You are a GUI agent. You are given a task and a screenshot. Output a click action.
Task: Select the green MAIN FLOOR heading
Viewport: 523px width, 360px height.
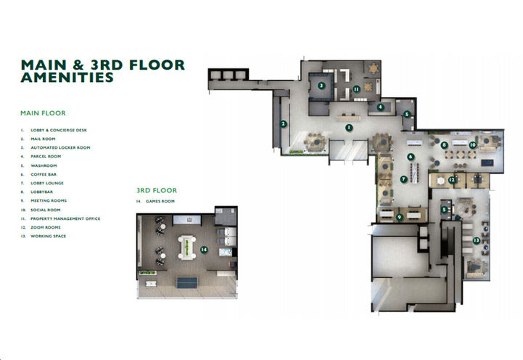tap(44, 113)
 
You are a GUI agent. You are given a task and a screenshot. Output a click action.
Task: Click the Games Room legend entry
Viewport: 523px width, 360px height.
tap(160, 201)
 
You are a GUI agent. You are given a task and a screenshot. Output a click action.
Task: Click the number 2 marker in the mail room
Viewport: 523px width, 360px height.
tap(283, 123)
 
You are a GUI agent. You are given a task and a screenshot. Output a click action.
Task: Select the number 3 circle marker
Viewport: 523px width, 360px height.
tap(321, 85)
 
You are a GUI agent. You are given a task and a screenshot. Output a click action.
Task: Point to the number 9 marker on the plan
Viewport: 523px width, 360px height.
tap(399, 216)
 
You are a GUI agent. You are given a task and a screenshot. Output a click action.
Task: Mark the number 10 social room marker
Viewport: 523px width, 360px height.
tap(472, 145)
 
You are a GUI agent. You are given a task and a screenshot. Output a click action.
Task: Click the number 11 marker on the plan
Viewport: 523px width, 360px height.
tap(356, 89)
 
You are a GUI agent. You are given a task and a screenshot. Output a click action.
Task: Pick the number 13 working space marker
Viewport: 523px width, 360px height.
tap(475, 240)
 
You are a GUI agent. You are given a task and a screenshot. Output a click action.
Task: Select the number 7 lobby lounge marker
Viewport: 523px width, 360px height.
tap(403, 179)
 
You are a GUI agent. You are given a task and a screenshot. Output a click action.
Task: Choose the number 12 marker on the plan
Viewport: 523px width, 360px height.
tap(451, 180)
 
